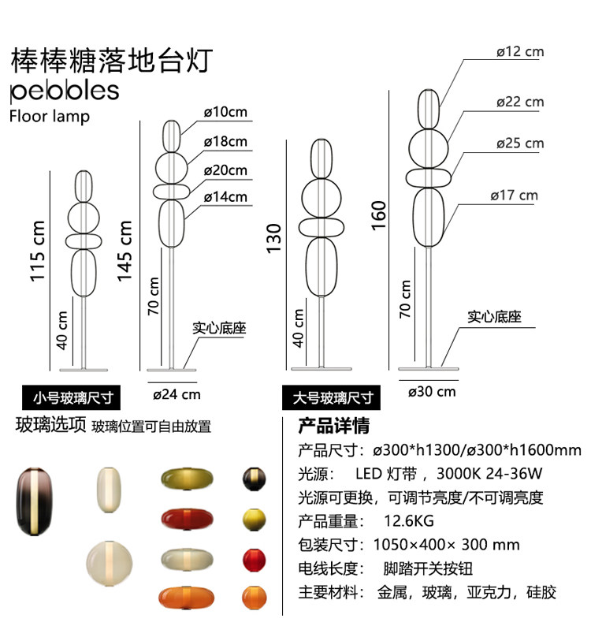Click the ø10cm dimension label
(225, 112)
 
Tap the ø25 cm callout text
(520, 143)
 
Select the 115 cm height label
(37, 252)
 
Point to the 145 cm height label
(124, 251)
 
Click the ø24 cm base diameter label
(177, 394)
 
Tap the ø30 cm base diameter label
(432, 392)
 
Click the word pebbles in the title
(65, 91)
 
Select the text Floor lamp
(50, 117)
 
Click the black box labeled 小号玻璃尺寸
(71, 397)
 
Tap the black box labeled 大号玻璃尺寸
(331, 397)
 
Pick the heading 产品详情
(333, 426)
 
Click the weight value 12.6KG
(409, 521)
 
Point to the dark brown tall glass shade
(34, 501)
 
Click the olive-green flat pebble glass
(188, 479)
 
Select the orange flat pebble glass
(188, 598)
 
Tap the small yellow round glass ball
(255, 520)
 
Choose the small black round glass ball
(255, 479)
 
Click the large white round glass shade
(110, 563)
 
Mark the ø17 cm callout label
(515, 196)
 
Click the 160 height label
(379, 215)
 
